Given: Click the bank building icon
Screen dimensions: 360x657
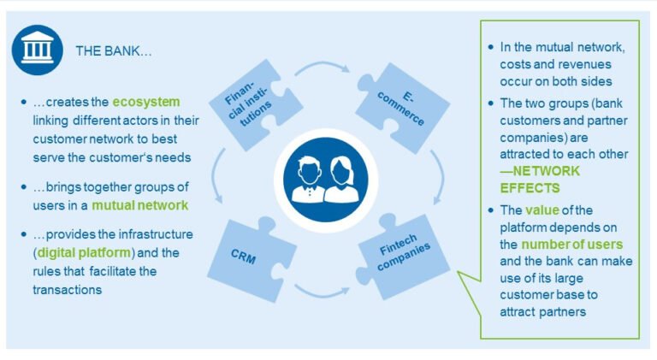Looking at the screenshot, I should pos(36,50).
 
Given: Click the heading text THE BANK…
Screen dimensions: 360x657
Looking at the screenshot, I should pos(114,51).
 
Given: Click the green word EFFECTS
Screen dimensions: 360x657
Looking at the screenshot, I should pos(530,187).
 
